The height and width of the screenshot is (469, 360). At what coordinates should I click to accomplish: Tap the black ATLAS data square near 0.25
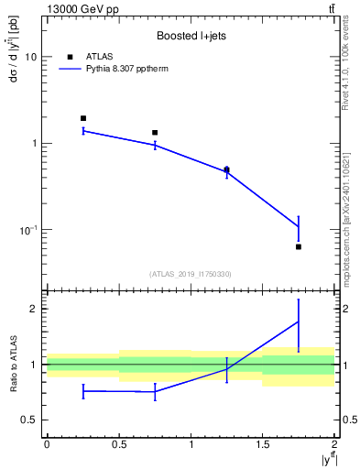click(83, 118)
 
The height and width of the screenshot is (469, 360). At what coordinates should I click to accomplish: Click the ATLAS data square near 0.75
click(155, 133)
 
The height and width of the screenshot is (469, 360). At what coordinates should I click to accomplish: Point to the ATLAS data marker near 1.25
click(226, 169)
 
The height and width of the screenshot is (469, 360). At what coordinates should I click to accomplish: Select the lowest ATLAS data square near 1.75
click(299, 246)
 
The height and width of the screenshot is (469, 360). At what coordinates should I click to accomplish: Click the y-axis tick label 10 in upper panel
click(30, 57)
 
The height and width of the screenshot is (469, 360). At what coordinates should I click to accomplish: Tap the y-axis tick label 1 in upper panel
click(33, 144)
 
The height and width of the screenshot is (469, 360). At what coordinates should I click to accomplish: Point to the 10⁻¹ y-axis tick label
click(27, 229)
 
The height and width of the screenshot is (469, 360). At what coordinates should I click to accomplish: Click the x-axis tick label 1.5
click(263, 444)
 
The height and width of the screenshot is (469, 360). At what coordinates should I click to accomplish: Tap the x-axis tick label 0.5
click(119, 444)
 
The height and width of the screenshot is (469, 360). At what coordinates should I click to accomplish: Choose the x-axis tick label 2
click(334, 444)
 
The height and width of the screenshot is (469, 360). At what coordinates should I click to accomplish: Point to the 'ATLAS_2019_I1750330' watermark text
click(191, 274)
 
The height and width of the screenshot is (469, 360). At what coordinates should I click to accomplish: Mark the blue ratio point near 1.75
click(299, 322)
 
